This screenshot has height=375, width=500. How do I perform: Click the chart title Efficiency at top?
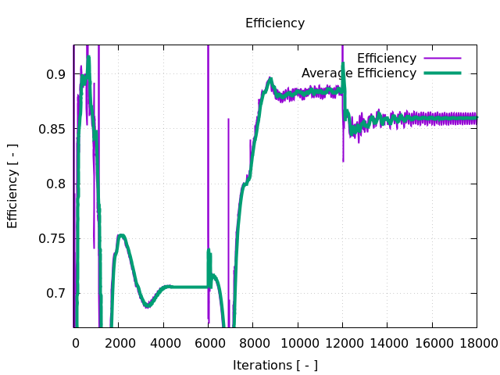coord(275,23)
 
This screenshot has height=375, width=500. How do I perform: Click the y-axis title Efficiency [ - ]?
coord(12,186)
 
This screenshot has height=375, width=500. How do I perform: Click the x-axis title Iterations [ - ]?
coord(275,365)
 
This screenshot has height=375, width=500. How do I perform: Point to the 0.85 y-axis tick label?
coord(54,129)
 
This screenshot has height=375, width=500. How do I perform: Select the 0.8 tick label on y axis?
coord(57,184)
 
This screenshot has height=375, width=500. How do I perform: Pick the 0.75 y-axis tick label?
coord(54,238)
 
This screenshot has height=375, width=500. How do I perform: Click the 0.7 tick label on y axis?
coord(57,293)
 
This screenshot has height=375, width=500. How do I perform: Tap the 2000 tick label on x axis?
coord(120,341)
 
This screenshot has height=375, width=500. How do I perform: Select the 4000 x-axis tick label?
coord(164,341)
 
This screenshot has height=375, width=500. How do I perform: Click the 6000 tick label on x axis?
coord(209,341)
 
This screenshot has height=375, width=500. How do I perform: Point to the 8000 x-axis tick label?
coord(253,341)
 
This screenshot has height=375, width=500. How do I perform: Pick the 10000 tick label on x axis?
coord(298,341)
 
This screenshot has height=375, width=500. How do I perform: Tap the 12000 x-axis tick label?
coord(342,341)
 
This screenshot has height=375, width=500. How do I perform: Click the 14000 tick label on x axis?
coord(387,341)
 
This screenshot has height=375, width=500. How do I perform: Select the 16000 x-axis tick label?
coord(431,341)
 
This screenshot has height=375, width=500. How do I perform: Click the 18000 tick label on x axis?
coord(475,341)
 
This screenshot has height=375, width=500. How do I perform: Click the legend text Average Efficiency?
coord(359,73)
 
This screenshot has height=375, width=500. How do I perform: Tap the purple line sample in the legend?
coord(442,59)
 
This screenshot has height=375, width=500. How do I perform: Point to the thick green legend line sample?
coord(442,73)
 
